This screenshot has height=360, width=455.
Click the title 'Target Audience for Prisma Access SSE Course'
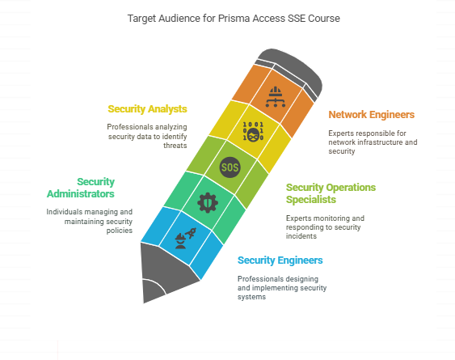click(x=234, y=19)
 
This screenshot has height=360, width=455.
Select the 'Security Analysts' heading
click(x=147, y=109)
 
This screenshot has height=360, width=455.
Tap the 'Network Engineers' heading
click(x=372, y=115)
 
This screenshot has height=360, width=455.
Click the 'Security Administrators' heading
click(x=81, y=188)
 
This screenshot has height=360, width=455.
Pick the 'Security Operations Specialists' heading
click(x=331, y=193)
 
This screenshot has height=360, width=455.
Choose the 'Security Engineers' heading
click(x=280, y=260)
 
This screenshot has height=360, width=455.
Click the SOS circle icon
click(x=230, y=167)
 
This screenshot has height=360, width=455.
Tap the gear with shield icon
click(x=208, y=202)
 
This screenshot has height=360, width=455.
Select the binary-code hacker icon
click(x=253, y=132)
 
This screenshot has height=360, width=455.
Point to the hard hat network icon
click(x=275, y=97)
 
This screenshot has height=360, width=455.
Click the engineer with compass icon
click(x=185, y=239)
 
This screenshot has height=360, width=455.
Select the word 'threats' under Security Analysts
click(x=175, y=146)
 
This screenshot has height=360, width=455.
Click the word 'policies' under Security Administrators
click(x=120, y=231)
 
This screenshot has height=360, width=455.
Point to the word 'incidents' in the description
click(x=301, y=236)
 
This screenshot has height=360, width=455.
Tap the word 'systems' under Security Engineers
click(x=251, y=297)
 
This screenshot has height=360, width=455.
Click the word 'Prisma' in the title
click(x=234, y=19)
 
